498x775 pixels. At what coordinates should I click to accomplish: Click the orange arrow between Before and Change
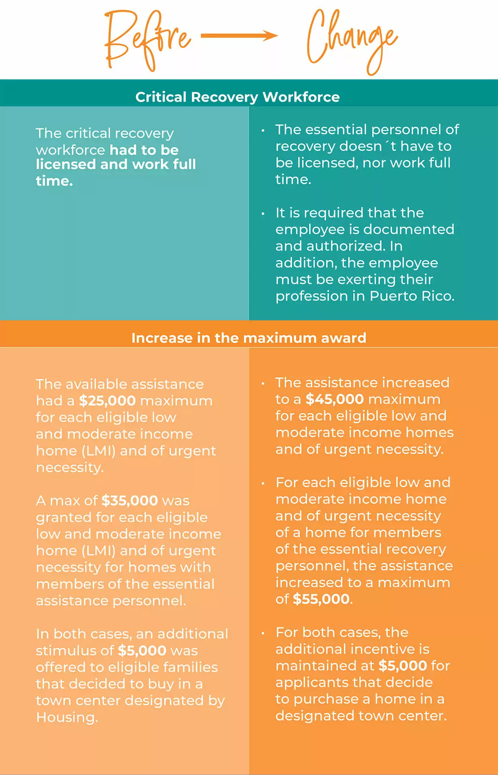coord(239,36)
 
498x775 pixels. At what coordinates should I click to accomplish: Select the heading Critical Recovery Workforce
coord(238,97)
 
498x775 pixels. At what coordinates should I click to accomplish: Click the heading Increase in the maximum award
coord(249,338)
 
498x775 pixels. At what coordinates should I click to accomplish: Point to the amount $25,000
coord(107,401)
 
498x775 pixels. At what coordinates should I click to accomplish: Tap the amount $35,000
coord(130,501)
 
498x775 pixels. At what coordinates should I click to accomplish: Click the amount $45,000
coord(335,399)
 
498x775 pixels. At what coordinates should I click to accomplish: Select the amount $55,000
coord(321,599)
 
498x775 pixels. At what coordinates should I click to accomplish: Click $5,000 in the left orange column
coord(142,650)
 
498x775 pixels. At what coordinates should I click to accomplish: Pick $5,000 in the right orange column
coord(403,666)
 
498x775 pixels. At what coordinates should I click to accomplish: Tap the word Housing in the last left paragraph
coord(66,717)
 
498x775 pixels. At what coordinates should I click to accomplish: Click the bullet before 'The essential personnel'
coord(263,130)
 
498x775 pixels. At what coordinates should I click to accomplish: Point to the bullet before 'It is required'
coord(263,213)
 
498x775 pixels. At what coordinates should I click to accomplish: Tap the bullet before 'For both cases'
coord(263,633)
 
